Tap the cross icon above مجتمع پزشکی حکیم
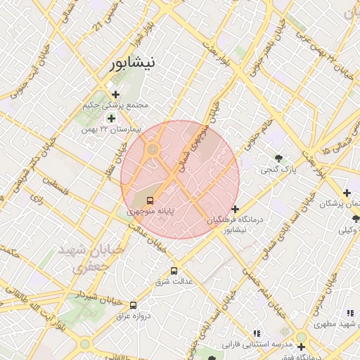pyautogui.click(x=115, y=94)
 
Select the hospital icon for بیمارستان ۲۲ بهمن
pyautogui.click(x=111, y=118)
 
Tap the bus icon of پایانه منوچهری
pyautogui.click(x=149, y=200)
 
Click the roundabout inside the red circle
pyautogui.click(x=152, y=149)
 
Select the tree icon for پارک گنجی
pyautogui.click(x=280, y=158)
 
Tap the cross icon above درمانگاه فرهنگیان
pyautogui.click(x=235, y=209)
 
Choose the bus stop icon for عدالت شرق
pyautogui.click(x=174, y=271)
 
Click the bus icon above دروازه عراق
pyautogui.click(x=133, y=304)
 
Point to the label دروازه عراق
pyautogui.click(x=131, y=316)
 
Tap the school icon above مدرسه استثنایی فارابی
pyautogui.click(x=257, y=333)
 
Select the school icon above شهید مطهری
pyautogui.click(x=349, y=313)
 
